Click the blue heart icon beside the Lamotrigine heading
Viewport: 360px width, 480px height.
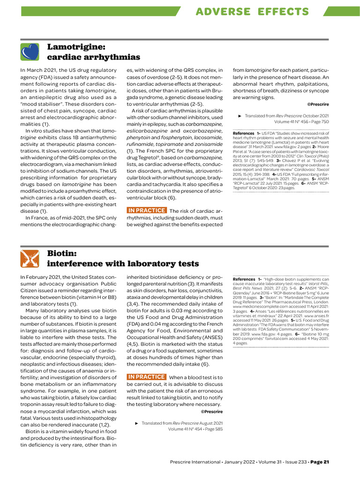pos(30,52)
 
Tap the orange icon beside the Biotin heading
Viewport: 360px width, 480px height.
pos(30,259)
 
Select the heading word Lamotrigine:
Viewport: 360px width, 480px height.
pos(76,46)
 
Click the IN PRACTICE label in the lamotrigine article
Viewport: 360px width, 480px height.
pos(147,210)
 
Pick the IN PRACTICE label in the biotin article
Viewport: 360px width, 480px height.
pos(147,377)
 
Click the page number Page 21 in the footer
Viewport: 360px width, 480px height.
pos(320,462)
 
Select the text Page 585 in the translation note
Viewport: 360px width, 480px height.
pos(211,428)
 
